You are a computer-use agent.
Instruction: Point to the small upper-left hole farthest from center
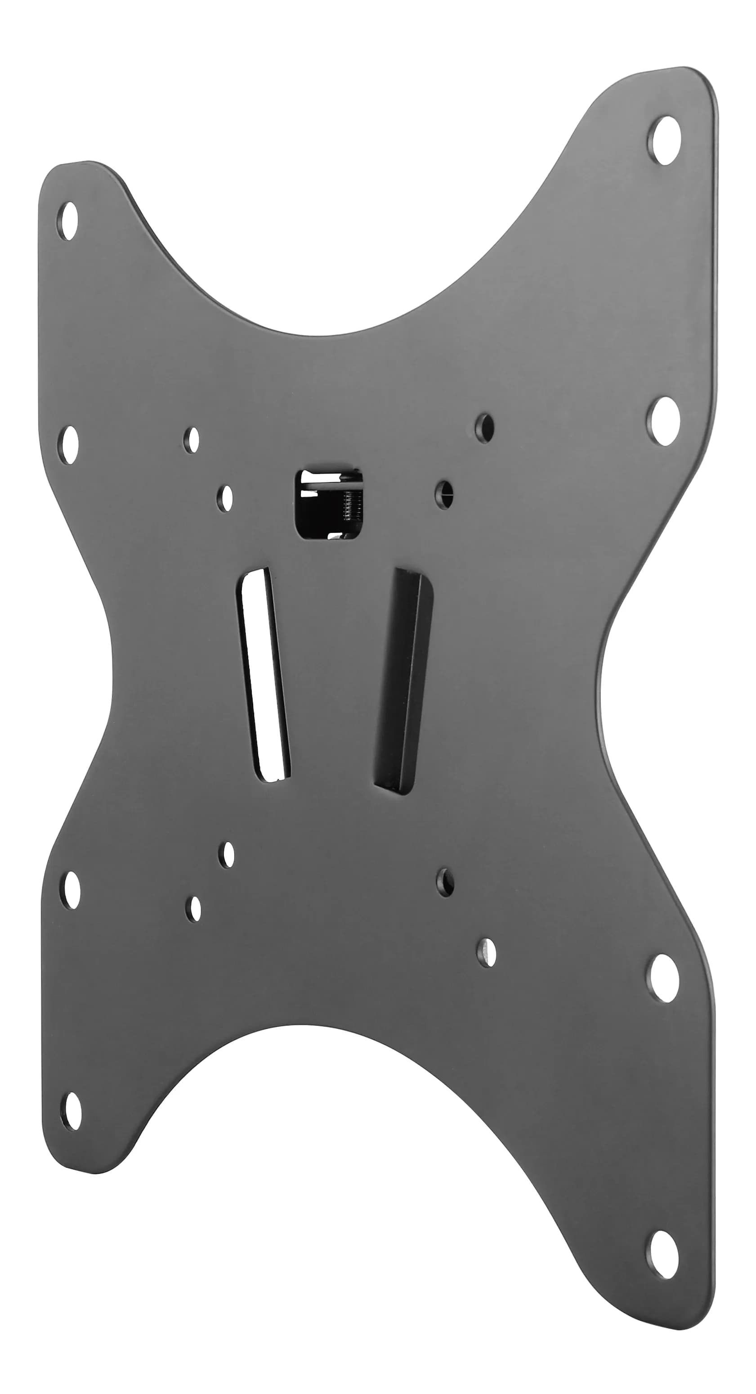[x=192, y=440]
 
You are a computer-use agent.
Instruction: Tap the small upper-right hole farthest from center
[x=484, y=428]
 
